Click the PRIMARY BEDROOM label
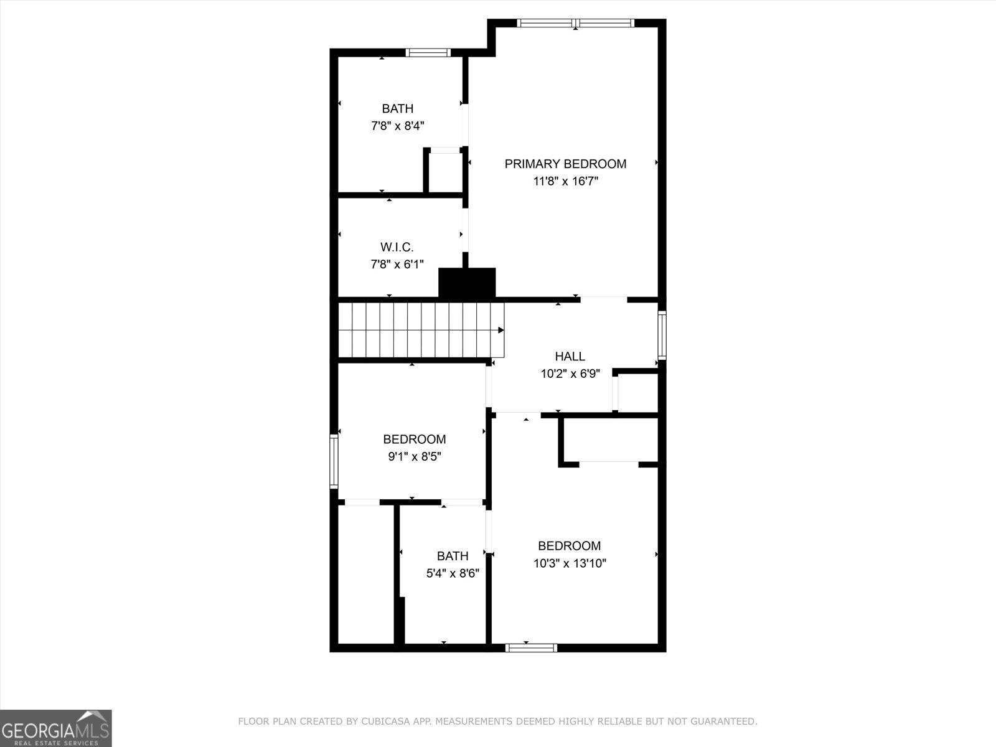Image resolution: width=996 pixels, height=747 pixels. click(x=565, y=164)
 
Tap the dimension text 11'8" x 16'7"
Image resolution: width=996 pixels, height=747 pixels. click(x=565, y=182)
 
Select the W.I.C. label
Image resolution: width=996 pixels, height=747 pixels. click(x=397, y=247)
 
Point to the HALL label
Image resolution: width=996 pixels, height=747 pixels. click(x=570, y=356)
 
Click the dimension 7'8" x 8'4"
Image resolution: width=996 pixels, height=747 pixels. click(x=397, y=126)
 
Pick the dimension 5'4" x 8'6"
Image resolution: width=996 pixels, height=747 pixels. click(x=453, y=573)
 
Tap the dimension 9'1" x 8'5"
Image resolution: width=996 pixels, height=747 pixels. click(x=415, y=456)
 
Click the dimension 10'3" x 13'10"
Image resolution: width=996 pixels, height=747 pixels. click(x=570, y=563)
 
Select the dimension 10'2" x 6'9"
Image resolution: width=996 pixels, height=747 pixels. click(x=570, y=374)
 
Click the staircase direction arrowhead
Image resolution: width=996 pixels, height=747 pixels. click(x=500, y=330)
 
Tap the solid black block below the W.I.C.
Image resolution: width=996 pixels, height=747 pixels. click(x=467, y=283)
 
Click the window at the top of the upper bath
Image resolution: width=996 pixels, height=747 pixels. click(x=428, y=52)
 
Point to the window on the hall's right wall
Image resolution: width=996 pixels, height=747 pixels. click(x=662, y=335)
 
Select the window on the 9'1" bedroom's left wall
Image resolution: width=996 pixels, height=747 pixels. click(x=334, y=461)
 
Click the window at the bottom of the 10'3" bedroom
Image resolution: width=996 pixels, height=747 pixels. click(x=531, y=648)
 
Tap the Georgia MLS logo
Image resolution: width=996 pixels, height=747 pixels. click(x=55, y=728)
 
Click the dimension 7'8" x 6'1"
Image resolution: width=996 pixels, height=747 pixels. click(x=397, y=265)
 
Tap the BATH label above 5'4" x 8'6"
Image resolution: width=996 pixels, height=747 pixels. click(x=453, y=556)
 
